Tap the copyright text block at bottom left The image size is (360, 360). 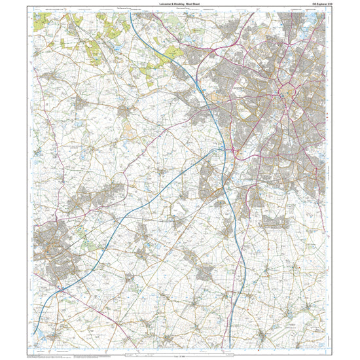[49, 355]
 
